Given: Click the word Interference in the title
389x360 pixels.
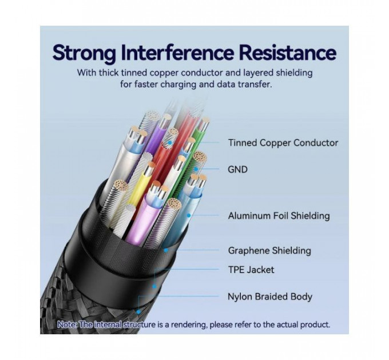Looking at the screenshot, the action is [177, 52].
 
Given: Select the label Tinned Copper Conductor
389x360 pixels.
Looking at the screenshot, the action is [283, 143].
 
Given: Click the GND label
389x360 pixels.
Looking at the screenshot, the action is [237, 170].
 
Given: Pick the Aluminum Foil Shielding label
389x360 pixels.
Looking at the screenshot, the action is [279, 216].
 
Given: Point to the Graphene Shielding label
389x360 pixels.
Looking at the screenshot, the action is [269, 250].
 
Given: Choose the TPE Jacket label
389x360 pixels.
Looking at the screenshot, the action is [251, 270].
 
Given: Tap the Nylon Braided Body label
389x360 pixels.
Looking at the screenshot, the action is [270, 297].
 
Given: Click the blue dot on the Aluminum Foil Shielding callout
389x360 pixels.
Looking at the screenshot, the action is [189, 215].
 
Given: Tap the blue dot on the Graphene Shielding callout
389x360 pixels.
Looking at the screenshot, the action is [166, 250].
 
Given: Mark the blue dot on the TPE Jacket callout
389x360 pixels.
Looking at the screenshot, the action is [154, 287].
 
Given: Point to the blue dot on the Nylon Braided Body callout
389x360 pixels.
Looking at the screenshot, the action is [138, 312].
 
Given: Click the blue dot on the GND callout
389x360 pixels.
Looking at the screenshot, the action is [196, 169].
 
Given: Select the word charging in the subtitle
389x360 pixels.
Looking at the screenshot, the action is [178, 84].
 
